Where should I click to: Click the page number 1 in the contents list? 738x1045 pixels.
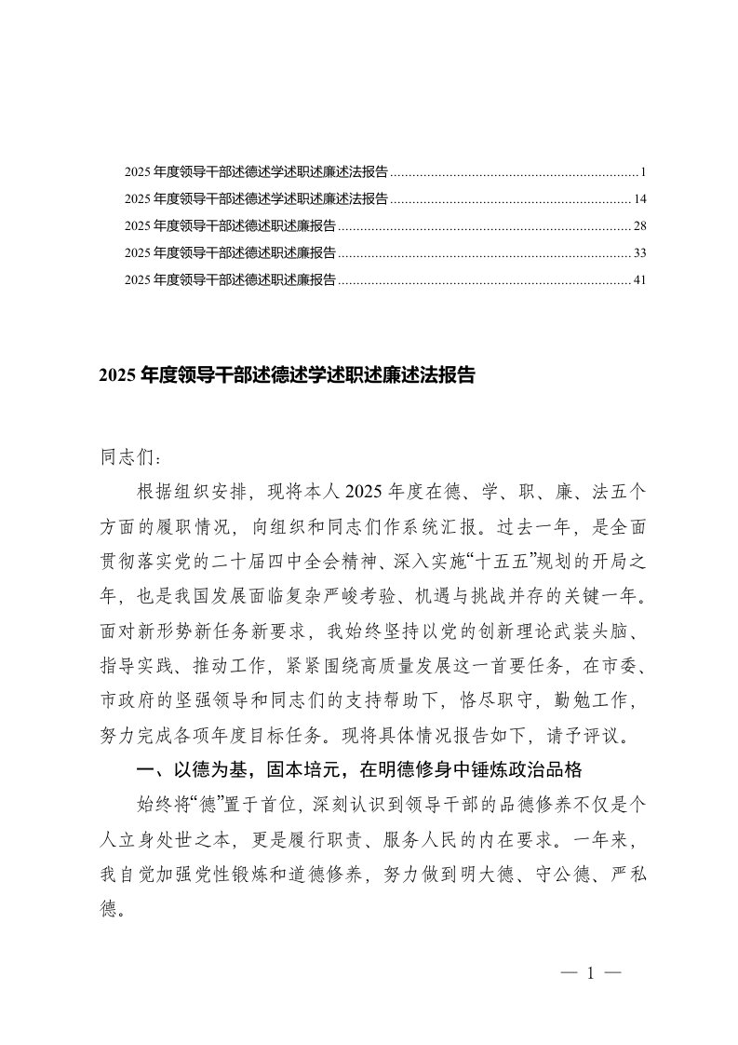643,172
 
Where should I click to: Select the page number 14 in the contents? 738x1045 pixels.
639,199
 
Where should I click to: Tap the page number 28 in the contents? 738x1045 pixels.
639,226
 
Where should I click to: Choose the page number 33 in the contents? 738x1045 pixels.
639,252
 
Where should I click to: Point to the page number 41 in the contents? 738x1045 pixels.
639,279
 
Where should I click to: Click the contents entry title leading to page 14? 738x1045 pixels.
256,199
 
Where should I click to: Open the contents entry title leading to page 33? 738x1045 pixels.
230,252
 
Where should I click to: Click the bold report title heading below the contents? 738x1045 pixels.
288,375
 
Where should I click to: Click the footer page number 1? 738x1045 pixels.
590,974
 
